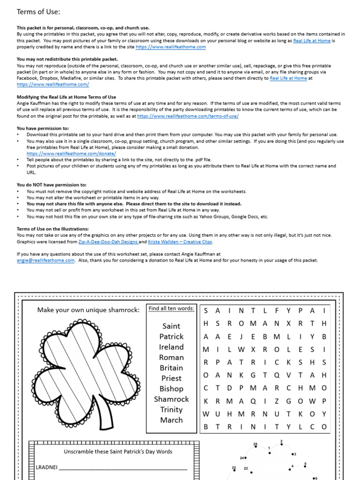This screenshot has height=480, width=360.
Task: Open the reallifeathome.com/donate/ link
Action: (71, 153)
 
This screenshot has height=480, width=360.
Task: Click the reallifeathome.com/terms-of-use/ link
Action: (187, 116)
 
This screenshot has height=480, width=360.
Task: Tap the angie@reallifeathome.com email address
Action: (45, 261)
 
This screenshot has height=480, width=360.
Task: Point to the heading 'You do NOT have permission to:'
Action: (52, 185)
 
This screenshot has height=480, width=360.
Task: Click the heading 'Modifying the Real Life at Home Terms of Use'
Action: (66, 97)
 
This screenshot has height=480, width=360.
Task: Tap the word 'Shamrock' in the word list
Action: (171, 399)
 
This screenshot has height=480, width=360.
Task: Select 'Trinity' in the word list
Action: (171, 409)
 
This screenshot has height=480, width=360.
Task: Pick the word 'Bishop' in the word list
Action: (171, 389)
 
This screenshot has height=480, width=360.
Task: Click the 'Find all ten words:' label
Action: (171, 308)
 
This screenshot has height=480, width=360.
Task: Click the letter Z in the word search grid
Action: (277, 401)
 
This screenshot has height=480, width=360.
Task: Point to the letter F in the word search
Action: (277, 311)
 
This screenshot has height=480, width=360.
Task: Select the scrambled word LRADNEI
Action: (46, 467)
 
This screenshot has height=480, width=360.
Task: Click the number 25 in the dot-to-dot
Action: (255, 444)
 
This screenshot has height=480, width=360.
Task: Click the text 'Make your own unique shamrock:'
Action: (88, 310)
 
